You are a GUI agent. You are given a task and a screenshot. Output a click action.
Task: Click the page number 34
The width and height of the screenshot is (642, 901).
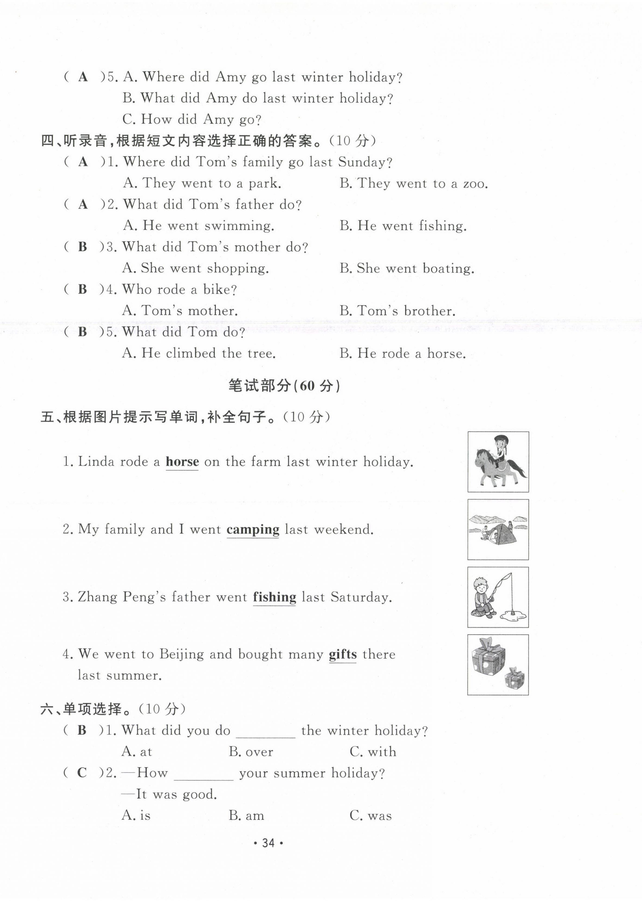[268, 843]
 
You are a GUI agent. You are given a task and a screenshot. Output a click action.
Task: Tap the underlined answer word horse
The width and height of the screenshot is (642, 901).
[182, 461]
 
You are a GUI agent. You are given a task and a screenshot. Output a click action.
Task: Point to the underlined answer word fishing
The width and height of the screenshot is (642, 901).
[274, 597]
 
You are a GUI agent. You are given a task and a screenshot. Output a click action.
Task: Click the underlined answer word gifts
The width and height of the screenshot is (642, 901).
[342, 654]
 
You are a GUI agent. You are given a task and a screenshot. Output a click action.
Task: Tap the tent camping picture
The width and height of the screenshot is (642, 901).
[498, 529]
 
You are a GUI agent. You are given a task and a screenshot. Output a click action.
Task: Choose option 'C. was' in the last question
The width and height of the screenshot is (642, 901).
[370, 815]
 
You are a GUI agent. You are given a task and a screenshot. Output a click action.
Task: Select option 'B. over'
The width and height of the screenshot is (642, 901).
[251, 752]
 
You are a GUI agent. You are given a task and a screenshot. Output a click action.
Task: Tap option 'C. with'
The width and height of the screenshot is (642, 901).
[373, 752]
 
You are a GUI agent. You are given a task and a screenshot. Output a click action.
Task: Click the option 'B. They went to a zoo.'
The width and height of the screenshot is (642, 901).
[413, 183]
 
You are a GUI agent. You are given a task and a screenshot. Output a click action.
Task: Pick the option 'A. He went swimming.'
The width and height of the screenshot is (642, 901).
[199, 226]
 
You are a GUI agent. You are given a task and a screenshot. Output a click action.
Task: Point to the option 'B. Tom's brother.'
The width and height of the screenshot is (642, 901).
[397, 311]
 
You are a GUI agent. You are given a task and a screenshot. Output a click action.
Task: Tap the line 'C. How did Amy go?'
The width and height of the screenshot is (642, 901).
[192, 119]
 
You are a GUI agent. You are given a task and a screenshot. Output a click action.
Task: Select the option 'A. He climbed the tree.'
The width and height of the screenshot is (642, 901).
[199, 353]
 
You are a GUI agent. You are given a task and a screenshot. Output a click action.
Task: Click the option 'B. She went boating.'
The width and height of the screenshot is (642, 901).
[406, 269]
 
